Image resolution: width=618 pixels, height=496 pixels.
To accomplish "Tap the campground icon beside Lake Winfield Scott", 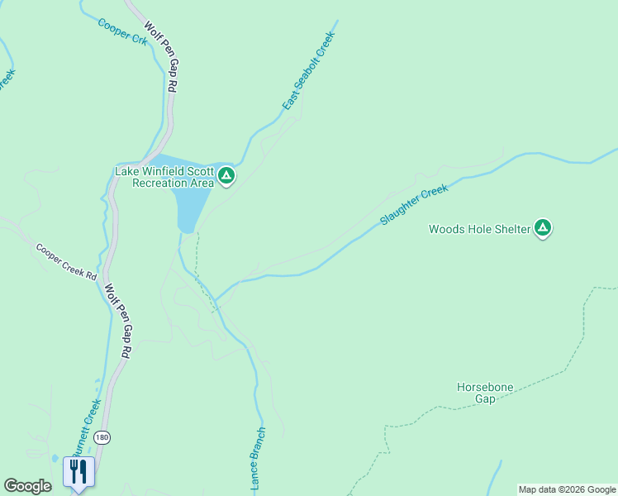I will coord(226,175).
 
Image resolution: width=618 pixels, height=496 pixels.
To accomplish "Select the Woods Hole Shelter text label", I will coord(478,229).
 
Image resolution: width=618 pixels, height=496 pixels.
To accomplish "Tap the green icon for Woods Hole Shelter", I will coord(543,227).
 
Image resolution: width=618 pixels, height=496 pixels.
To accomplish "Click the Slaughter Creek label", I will coord(413,205).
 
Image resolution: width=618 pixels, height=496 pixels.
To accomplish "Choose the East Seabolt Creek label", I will coord(307,71).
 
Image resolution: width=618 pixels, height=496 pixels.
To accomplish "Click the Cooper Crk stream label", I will coord(122,31).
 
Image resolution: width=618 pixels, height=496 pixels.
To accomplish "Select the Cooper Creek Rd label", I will coord(66,261).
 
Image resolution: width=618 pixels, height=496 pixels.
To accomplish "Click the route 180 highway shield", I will coord(101,436).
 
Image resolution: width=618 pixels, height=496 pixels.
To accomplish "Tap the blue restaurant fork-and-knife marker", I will coord(78,472).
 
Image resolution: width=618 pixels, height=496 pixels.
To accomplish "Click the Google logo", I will coord(27,486).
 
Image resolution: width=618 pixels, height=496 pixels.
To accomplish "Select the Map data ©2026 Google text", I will coord(567,489).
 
